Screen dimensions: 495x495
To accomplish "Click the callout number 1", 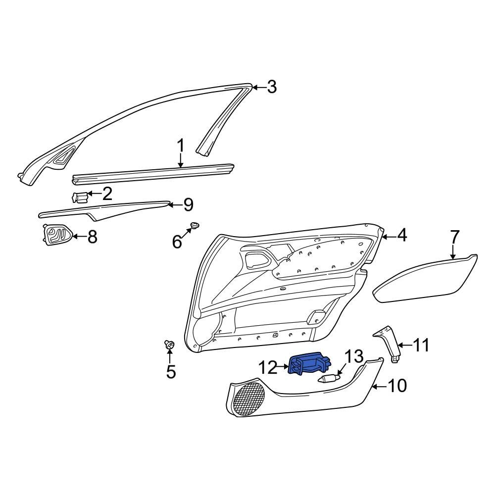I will (181, 146).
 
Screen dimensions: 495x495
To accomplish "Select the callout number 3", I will (271, 87).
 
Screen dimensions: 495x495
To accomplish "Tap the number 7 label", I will (454, 236).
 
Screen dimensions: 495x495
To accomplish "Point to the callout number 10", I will (398, 385).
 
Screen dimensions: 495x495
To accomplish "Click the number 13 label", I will (354, 356).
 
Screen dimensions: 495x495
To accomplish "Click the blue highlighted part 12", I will (308, 365).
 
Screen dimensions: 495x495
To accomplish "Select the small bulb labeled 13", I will (327, 379).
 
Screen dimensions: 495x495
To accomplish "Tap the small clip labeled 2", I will (80, 197).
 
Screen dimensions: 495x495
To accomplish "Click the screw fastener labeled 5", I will (169, 345).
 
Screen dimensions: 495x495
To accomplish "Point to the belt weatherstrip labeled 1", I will (153, 173).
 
